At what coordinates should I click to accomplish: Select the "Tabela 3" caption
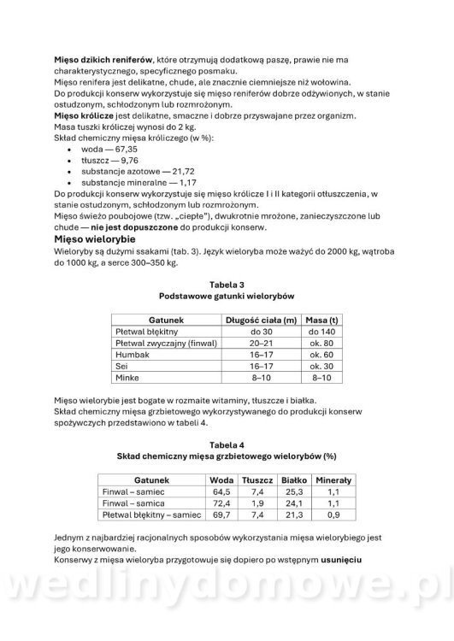tap(227, 284)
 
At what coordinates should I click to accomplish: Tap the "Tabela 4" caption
tap(227, 445)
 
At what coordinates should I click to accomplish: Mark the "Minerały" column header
tap(334, 480)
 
